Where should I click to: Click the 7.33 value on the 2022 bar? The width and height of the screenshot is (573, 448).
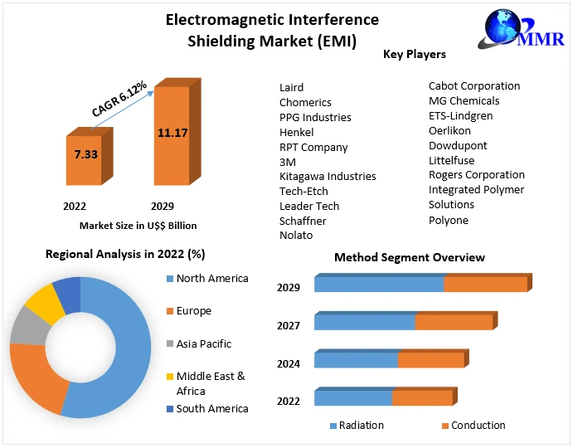pos(85,154)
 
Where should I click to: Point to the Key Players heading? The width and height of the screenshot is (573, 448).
pos(415,55)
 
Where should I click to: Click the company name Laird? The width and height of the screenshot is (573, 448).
pos(292,87)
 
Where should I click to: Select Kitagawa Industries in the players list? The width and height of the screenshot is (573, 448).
pos(328,176)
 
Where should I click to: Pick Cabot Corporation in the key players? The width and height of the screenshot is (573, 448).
pos(474,85)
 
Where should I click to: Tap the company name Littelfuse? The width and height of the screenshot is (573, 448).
pos(452,160)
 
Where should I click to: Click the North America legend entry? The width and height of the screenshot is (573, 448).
pos(211,279)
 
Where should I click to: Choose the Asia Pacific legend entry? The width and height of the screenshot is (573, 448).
pos(203,343)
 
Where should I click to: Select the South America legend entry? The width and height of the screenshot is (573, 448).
pos(211,409)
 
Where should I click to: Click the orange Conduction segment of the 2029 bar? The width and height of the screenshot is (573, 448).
pos(485,284)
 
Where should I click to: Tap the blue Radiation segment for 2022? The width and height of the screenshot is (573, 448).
pos(352,398)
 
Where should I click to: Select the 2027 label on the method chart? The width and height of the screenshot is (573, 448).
pos(289,326)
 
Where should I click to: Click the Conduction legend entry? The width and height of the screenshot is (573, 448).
pos(478,426)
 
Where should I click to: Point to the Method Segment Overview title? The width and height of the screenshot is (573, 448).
pos(410,257)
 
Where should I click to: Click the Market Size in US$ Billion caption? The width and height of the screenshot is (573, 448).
pos(138,226)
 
